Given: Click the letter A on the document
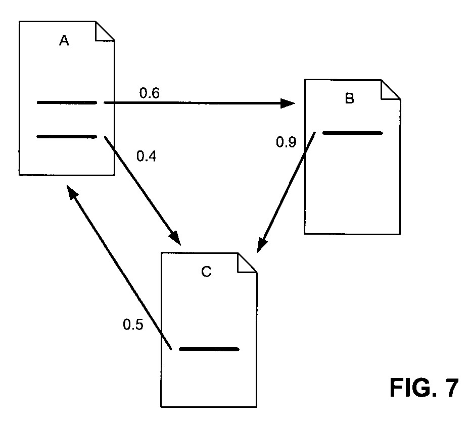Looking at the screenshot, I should coord(64,41).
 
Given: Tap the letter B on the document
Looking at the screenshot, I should coord(349,98).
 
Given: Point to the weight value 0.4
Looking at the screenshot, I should coord(147,156).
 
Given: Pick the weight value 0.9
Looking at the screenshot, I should coord(286,142).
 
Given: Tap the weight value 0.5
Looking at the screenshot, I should coord(133,324).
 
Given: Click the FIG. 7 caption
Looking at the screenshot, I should coord(424,388).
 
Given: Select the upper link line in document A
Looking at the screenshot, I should coord(67,103).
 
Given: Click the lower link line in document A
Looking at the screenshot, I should coord(67,136).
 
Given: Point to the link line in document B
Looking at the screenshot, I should coord(352,133).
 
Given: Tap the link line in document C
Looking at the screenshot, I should coord(209,349).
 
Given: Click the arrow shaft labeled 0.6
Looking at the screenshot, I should coord(197,103).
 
